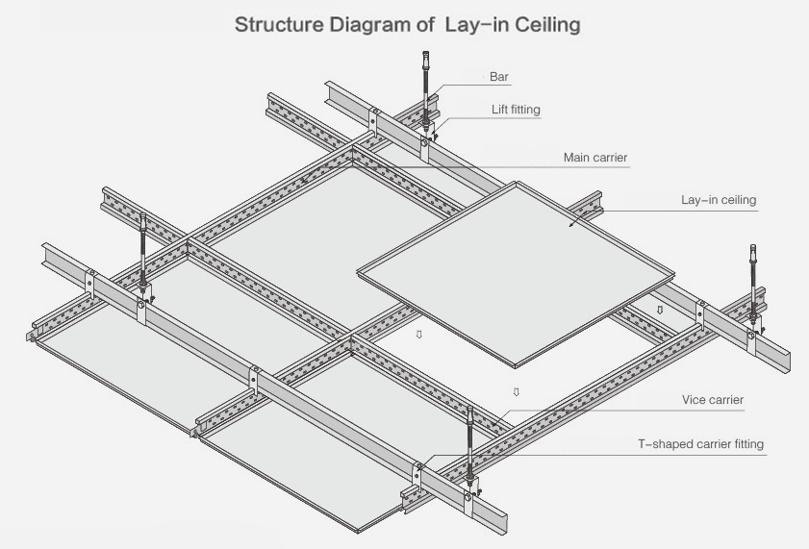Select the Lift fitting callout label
[517, 110]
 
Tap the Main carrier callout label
[595, 156]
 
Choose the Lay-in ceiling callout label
[719, 200]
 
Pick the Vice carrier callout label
[713, 399]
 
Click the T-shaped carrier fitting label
[701, 444]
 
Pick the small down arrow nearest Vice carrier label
[517, 391]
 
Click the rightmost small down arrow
[659, 310]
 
